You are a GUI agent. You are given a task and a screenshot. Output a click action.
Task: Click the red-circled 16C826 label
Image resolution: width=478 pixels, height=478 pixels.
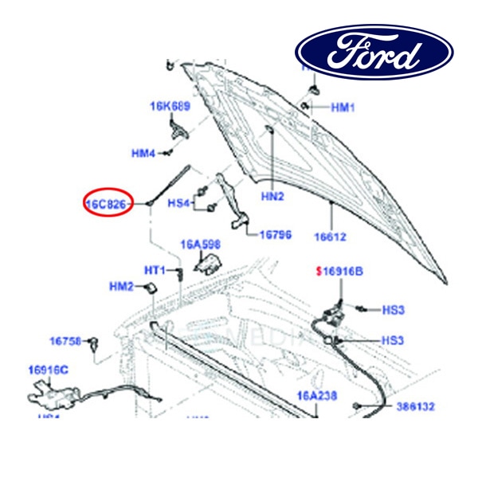coord(107,204)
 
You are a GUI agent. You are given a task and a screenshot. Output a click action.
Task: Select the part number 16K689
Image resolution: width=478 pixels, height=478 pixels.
coord(170,105)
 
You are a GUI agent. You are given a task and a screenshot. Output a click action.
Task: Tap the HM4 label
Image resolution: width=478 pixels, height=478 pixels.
coord(143,153)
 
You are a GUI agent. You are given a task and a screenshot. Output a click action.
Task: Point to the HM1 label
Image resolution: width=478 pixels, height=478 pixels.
coord(343,107)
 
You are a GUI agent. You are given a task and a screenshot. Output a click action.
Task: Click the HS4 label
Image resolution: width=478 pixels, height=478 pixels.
coord(179,203)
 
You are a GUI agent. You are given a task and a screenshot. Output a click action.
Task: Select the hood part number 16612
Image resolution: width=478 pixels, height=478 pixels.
coord(331,237)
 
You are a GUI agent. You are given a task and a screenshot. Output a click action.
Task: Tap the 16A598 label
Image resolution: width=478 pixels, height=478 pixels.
coord(200,244)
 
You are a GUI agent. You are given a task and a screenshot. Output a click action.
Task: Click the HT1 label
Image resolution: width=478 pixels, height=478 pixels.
coord(154,271)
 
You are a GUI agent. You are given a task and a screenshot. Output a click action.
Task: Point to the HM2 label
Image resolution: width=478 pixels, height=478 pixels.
coord(122,287)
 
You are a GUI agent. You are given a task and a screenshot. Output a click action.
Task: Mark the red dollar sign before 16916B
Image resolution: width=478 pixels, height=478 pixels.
coord(319,272)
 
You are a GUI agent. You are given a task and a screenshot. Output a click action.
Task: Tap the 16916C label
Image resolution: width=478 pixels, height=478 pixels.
coord(49,370)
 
